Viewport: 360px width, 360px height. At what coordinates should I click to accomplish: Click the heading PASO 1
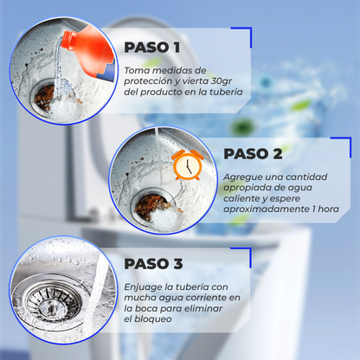pos(152,48)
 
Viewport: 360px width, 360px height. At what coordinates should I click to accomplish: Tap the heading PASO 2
pos(253,154)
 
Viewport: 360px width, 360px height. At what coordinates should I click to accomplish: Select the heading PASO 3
pos(153,264)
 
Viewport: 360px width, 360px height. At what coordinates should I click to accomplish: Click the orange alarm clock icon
pos(188,164)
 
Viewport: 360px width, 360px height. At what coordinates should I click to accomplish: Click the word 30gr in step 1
pos(222,81)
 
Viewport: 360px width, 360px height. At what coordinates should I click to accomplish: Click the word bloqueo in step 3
pos(153,319)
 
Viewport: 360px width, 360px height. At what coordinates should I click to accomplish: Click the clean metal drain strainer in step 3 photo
pos(51,302)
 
